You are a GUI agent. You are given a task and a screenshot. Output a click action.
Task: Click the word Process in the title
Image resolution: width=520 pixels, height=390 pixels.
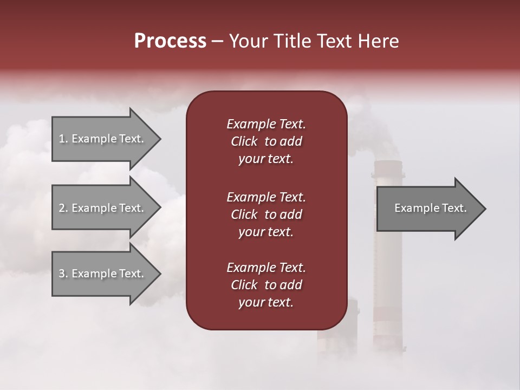pyautogui.click(x=170, y=41)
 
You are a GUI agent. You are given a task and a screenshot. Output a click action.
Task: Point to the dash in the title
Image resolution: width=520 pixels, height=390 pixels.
pyautogui.click(x=218, y=42)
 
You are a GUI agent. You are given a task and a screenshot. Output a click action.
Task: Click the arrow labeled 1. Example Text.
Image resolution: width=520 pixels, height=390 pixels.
pyautogui.click(x=103, y=139)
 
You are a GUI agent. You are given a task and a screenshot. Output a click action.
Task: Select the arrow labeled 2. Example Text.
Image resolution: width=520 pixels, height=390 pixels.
pyautogui.click(x=103, y=208)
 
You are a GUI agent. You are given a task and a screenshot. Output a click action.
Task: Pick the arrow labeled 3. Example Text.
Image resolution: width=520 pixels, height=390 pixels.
pyautogui.click(x=103, y=274)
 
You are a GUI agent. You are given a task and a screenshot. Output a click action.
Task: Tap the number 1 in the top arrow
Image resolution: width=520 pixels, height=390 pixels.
pyautogui.click(x=62, y=139)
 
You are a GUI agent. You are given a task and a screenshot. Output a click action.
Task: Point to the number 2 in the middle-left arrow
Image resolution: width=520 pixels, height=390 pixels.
pyautogui.click(x=62, y=208)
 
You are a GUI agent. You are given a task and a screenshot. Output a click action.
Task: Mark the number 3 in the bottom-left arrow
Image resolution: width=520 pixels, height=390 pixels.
pyautogui.click(x=62, y=274)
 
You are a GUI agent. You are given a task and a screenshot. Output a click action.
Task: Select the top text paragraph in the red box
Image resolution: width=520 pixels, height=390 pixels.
pyautogui.click(x=266, y=141)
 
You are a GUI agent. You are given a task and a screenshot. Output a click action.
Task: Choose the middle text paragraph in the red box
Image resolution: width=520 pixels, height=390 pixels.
pyautogui.click(x=266, y=214)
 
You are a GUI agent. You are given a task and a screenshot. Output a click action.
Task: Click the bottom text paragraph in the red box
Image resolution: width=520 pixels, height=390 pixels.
pyautogui.click(x=266, y=285)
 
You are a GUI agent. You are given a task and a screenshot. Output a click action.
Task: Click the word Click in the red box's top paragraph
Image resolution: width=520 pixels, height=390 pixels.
pyautogui.click(x=244, y=141)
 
